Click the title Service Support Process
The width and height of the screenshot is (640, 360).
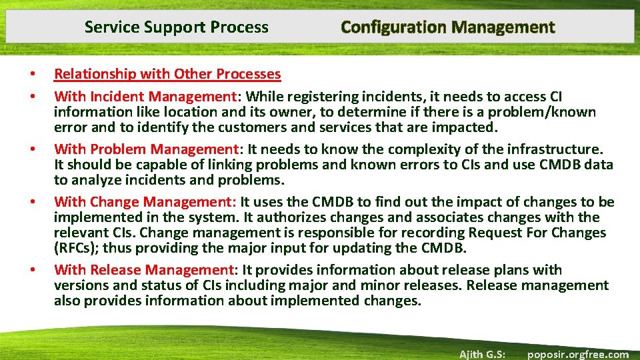click(176, 27)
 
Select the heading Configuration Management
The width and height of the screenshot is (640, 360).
click(447, 27)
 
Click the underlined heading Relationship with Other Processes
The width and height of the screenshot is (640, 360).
click(167, 74)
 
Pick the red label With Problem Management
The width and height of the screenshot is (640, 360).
click(146, 149)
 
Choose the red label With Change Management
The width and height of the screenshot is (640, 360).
click(145, 202)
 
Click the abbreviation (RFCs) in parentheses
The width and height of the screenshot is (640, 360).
click(77, 248)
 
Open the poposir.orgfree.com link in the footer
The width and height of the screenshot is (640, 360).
click(577, 354)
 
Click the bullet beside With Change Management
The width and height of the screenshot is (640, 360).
click(31, 202)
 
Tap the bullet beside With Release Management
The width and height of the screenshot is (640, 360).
click(31, 270)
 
